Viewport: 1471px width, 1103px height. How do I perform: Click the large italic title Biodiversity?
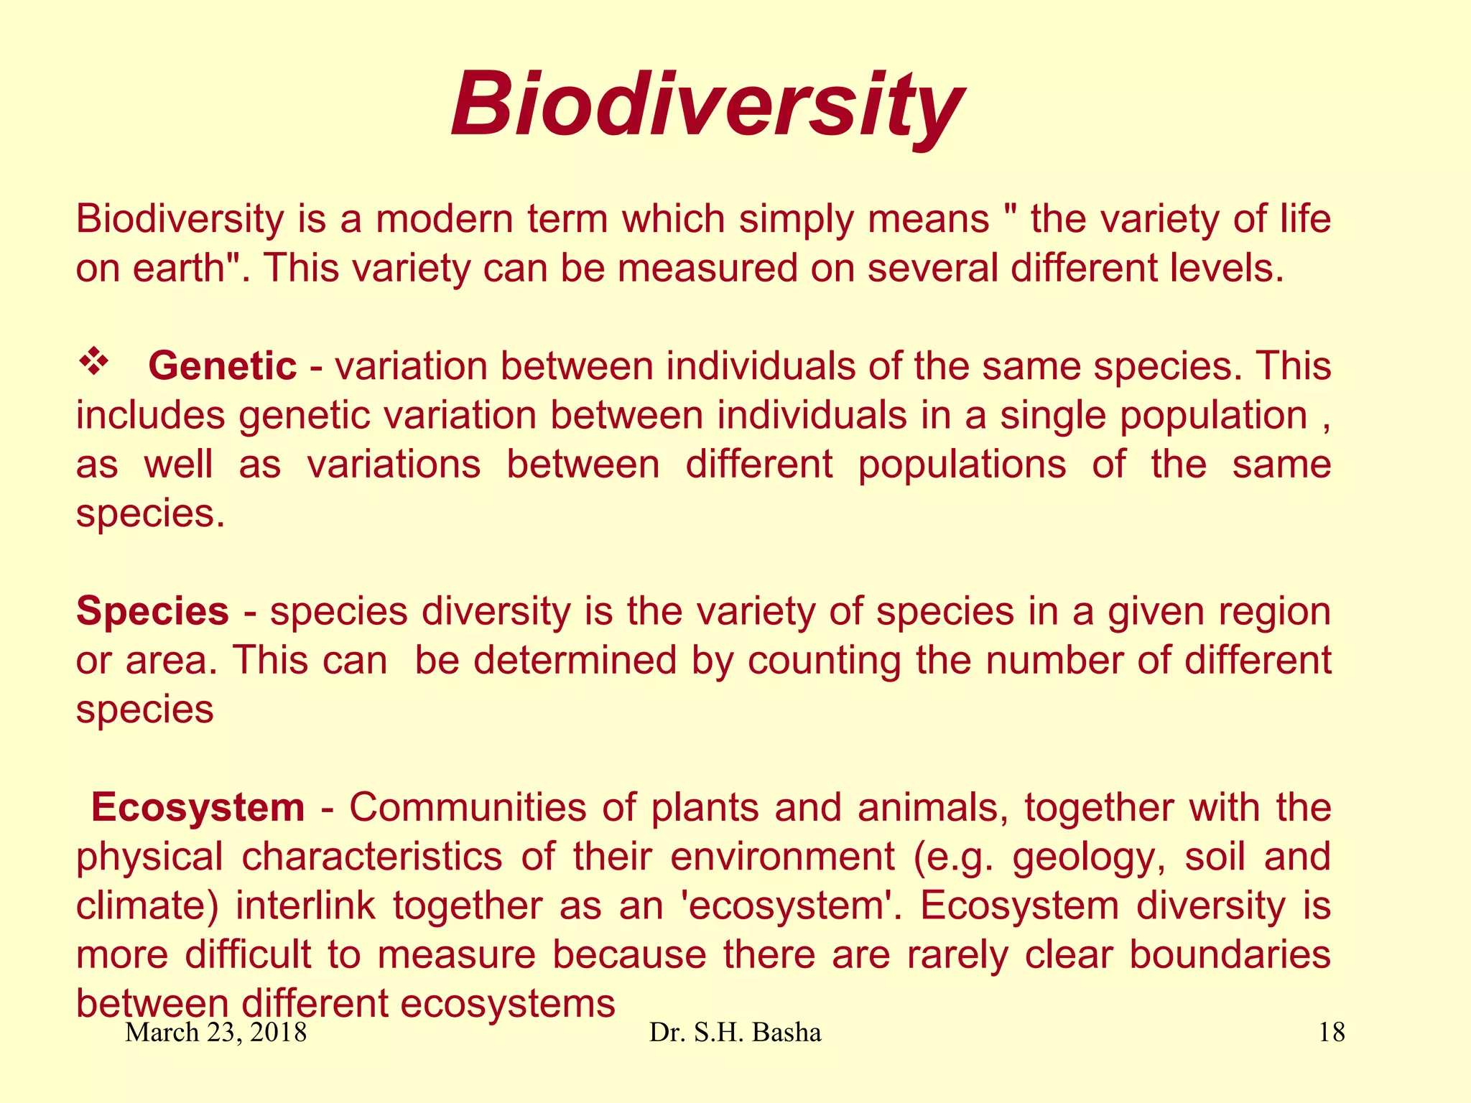707,106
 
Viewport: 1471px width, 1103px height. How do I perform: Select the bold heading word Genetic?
222,366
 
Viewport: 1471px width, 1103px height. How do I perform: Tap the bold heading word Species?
152,612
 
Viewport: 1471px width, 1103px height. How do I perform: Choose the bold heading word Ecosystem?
198,808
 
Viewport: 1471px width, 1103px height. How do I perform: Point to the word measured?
707,268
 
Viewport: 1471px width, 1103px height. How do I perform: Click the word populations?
962,465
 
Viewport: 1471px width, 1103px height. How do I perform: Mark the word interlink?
305,906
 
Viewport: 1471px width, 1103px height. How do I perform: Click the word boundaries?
1229,955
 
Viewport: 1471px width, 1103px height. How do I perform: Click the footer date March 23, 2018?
216,1033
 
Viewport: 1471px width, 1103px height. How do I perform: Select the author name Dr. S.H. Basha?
735,1033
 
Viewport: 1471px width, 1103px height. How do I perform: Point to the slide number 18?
1332,1033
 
